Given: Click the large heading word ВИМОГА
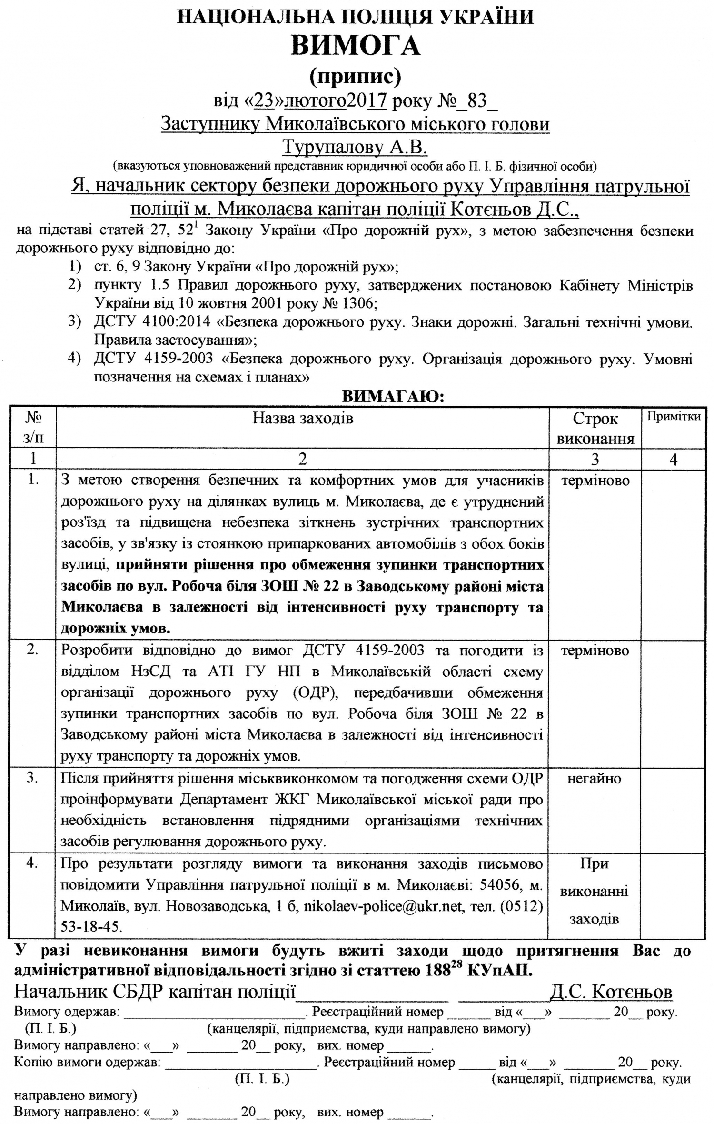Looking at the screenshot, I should [x=356, y=46].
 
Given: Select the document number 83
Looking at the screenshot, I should [x=477, y=101].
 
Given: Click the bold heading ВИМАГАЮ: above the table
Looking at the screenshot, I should [x=393, y=396].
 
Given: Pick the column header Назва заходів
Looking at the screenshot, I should [x=303, y=418].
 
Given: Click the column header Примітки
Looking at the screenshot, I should [x=673, y=416].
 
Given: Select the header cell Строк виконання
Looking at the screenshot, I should [x=595, y=428].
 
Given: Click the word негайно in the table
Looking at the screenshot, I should [x=594, y=778].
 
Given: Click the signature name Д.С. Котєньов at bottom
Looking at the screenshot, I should [x=611, y=992].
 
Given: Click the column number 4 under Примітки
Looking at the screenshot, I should [x=673, y=459].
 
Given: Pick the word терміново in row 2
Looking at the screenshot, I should [x=595, y=651].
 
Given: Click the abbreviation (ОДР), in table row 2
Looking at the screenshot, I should [x=316, y=692].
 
